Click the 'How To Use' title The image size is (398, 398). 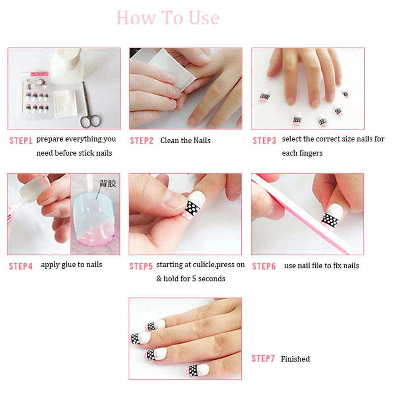(168, 18)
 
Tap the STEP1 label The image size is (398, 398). (21, 141)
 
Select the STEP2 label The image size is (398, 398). (142, 141)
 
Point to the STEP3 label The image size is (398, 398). (264, 141)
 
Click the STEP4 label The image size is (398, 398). (20, 266)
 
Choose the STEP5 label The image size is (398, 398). (141, 266)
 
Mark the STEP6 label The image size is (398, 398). (264, 266)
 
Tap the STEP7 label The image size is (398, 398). (263, 359)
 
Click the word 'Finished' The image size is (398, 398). (295, 359)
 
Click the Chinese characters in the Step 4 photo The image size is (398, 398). (107, 183)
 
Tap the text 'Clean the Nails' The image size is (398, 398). (185, 141)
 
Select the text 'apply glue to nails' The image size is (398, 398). (71, 265)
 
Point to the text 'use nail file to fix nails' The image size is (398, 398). (321, 266)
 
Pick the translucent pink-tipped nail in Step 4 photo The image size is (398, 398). (93, 218)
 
